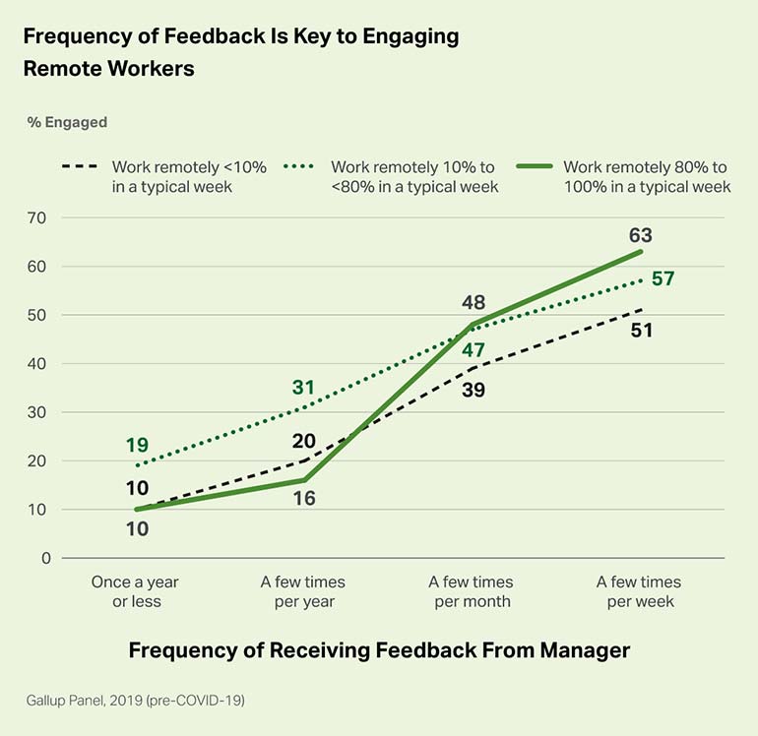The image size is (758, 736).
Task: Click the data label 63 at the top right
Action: [640, 236]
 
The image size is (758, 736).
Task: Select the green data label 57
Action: [663, 278]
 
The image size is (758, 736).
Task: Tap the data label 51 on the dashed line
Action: [640, 331]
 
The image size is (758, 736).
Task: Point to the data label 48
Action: [473, 301]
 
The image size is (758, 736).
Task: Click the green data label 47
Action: [473, 350]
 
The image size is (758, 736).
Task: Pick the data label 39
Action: [473, 390]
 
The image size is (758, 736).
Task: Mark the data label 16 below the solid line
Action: [305, 499]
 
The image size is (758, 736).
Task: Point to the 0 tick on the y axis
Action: [44, 558]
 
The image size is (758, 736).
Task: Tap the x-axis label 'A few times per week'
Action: [640, 591]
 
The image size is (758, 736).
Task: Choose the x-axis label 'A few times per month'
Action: [473, 591]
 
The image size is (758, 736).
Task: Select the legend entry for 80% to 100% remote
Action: [645, 176]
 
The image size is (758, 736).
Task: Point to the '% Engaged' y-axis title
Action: [67, 123]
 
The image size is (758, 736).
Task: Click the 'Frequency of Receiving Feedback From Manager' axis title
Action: [379, 650]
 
